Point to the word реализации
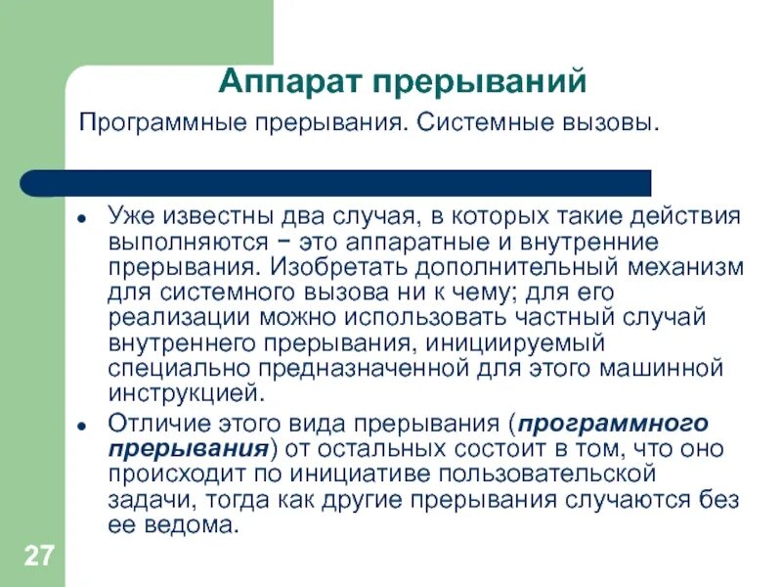coord(167,318)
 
